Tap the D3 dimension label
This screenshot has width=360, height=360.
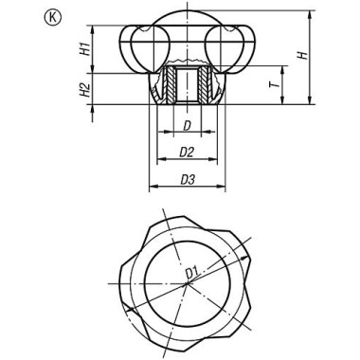tap(187, 178)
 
